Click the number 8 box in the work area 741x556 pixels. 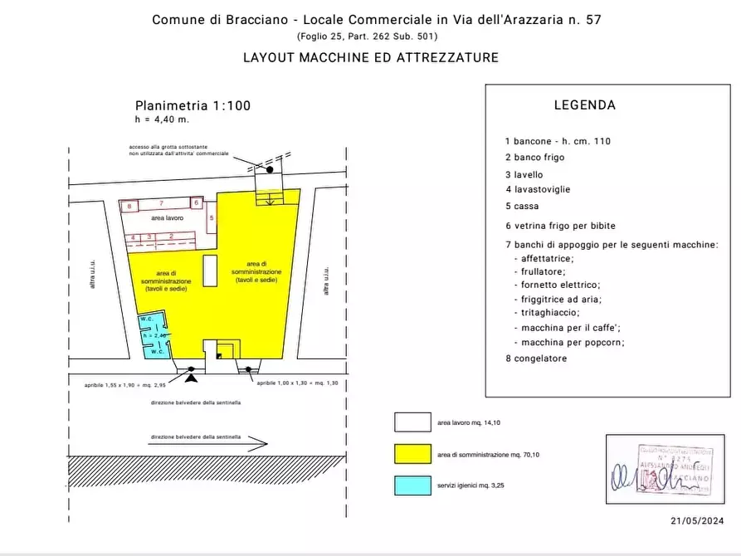(129, 204)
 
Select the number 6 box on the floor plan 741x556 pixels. (196, 202)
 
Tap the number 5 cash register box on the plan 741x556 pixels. (212, 218)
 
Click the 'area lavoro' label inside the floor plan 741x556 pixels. (167, 217)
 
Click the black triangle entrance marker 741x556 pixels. (192, 378)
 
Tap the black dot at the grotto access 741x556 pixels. (270, 169)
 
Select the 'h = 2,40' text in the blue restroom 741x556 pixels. (154, 334)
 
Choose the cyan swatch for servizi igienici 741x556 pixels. (412, 486)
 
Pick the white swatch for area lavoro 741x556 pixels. (412, 422)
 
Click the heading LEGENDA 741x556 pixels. (584, 105)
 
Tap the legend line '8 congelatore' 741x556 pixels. (535, 358)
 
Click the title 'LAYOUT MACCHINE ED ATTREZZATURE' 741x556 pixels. (370, 58)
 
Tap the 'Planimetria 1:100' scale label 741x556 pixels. (193, 105)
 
